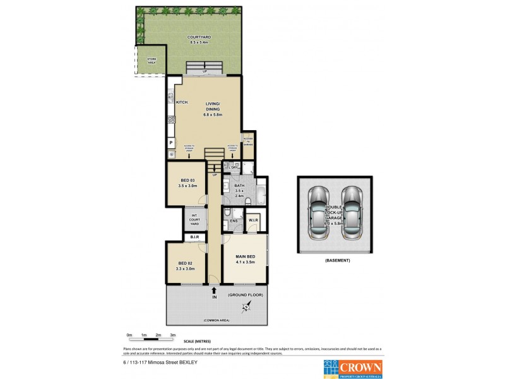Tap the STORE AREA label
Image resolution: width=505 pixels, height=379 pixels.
(x=151, y=61)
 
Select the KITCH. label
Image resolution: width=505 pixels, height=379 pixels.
(x=182, y=102)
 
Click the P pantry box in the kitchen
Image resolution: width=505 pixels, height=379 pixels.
(x=170, y=143)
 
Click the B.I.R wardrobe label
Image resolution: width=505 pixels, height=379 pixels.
(x=195, y=237)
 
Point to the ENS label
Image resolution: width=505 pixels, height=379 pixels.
(x=234, y=221)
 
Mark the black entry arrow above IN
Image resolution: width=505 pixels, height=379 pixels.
(x=214, y=289)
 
